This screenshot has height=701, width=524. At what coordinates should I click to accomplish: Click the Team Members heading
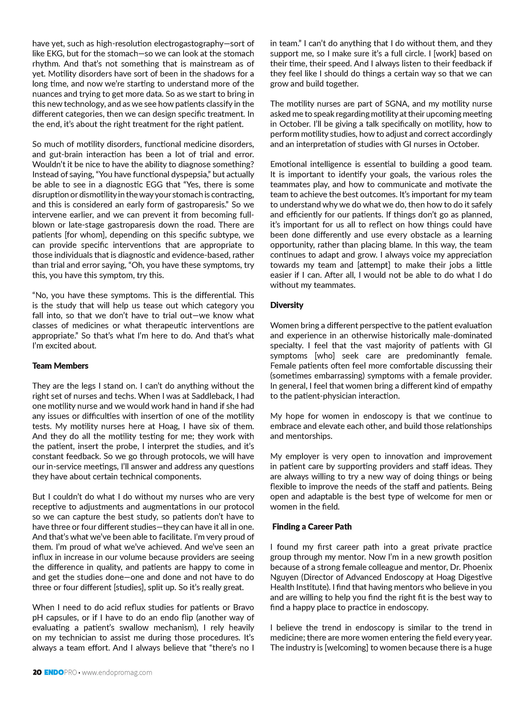(x=60, y=366)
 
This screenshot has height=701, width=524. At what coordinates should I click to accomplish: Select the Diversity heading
(x=287, y=305)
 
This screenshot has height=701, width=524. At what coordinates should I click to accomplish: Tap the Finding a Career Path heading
(x=312, y=527)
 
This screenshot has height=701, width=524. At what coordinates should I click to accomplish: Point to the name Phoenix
(x=477, y=567)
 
